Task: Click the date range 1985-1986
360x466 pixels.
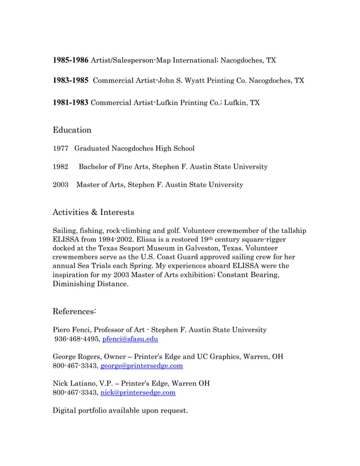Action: tap(71, 60)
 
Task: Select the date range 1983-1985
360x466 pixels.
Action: tap(71, 81)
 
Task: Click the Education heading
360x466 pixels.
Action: tap(72, 130)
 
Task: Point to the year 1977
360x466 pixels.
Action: tap(60, 148)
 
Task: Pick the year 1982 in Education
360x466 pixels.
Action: tap(60, 166)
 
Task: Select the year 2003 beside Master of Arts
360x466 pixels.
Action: tap(60, 184)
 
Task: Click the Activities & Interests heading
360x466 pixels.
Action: tap(93, 213)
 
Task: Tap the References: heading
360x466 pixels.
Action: tap(74, 311)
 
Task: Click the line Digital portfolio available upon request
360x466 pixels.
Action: tap(120, 410)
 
